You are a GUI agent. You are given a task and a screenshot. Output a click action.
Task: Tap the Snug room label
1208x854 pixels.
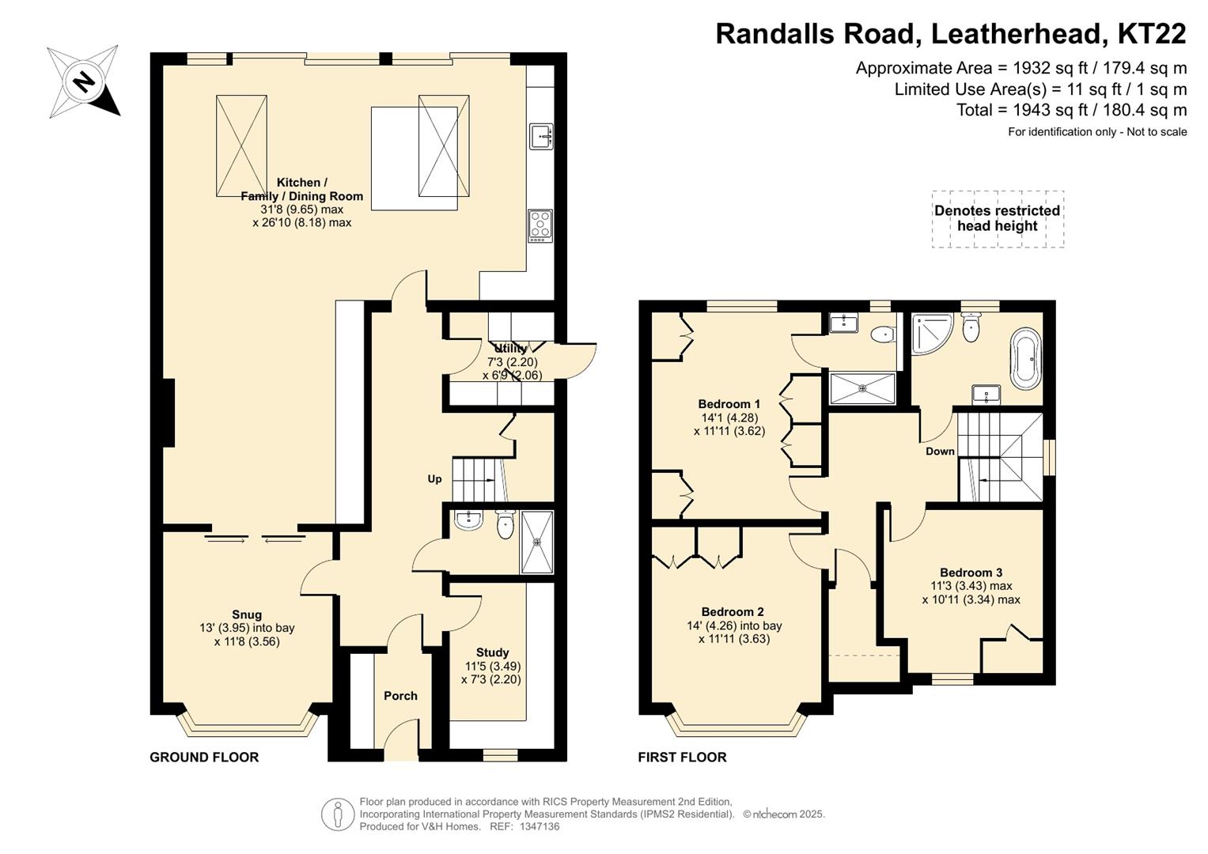pos(247,614)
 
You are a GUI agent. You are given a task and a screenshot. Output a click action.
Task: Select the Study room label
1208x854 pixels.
pos(492,652)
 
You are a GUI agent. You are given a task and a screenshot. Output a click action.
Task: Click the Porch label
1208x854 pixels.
pos(401,696)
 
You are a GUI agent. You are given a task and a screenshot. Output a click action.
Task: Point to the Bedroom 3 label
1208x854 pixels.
pos(971,572)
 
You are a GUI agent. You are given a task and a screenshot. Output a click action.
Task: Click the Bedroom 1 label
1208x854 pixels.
pos(729,404)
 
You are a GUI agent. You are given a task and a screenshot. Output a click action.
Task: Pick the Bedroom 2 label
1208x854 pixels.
pos(733,611)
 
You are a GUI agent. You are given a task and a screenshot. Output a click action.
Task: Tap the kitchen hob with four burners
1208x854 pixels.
pos(540,225)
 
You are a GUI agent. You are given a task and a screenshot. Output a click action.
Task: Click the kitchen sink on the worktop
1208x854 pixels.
pos(541,136)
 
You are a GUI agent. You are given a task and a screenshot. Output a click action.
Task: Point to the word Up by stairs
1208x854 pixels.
pos(434,478)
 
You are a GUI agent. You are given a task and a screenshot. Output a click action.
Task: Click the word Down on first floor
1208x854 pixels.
pos(940,452)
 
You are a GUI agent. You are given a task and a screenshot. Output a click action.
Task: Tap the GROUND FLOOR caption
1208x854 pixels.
pos(204,757)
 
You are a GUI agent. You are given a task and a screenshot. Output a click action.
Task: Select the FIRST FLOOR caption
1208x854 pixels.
pos(682,757)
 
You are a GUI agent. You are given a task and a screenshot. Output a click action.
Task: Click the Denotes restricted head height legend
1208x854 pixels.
pos(998,218)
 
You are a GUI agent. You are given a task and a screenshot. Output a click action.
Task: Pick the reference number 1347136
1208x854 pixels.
pos(540,826)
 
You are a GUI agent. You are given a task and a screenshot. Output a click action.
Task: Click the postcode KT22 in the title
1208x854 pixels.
pos(1152,33)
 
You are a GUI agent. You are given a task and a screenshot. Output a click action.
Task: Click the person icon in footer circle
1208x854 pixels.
pos(338,814)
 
